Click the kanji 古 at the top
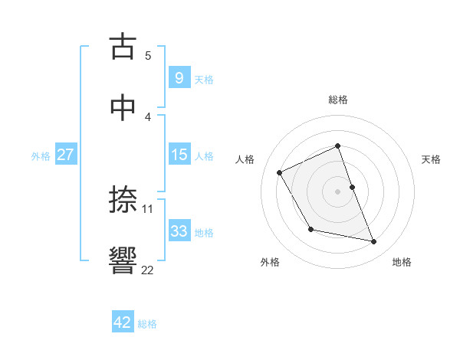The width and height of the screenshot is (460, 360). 124,47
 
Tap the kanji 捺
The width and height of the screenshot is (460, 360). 124,200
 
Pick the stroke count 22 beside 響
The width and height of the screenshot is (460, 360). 147,269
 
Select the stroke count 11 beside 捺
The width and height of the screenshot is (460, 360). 148,208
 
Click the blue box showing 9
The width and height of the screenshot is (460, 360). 179,77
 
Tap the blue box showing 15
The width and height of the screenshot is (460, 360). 179,155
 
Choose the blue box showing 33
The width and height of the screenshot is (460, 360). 179,231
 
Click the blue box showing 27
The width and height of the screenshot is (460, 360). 65,155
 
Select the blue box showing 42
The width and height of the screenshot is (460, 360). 123,322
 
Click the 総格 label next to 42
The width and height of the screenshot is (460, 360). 147,324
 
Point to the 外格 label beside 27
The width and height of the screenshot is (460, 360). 41,156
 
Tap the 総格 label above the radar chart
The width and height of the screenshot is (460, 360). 338,100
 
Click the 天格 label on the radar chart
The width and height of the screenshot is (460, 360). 431,159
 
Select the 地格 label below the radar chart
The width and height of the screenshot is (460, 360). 402,262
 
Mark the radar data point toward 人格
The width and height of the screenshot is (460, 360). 280,172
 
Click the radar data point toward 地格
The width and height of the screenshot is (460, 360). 374,242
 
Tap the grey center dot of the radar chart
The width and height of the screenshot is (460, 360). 338,191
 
